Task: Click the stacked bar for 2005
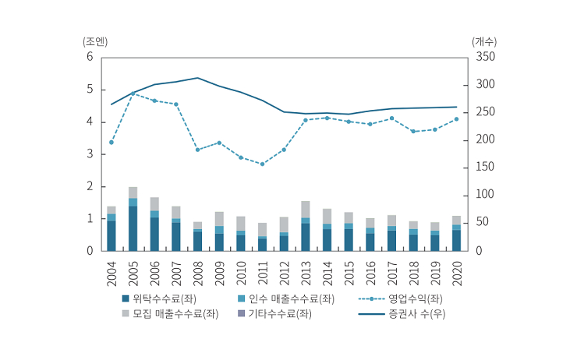133,219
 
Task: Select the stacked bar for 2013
306,226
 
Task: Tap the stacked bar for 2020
456,234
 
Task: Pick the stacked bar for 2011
262,237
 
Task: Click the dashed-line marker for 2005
133,94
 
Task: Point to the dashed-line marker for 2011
262,164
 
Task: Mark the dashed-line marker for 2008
198,150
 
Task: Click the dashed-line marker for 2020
456,119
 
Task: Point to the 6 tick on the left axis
90,58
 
